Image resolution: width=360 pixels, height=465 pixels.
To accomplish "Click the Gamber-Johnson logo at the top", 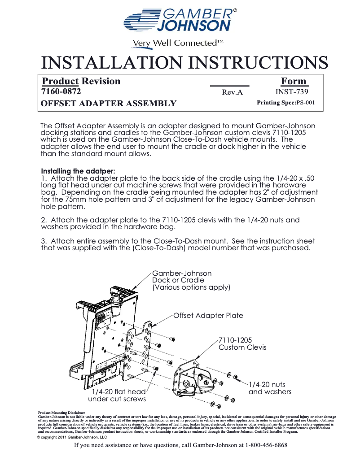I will [180, 20].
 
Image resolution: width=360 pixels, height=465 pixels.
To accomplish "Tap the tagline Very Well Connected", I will [177, 43].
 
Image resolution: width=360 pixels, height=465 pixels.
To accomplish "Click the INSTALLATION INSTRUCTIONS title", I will [184, 62].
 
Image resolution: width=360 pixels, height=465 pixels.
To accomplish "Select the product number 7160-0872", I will [61, 92].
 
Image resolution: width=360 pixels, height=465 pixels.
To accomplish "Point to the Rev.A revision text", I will [232, 92].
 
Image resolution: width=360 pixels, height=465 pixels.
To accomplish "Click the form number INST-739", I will [292, 92].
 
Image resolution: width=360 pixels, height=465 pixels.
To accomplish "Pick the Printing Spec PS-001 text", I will [285, 103].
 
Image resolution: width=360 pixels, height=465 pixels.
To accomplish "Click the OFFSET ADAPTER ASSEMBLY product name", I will [109, 104].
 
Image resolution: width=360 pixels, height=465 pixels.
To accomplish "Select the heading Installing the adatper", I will [78, 171].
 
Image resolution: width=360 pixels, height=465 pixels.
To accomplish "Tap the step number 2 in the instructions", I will [44, 220].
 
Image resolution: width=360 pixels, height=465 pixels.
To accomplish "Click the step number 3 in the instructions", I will [44, 241].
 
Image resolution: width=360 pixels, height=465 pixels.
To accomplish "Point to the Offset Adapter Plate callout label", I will [208, 316].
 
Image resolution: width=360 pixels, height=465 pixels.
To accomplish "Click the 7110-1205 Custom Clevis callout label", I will [242, 343].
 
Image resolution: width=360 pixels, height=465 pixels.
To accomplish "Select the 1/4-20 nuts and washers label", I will [270, 388].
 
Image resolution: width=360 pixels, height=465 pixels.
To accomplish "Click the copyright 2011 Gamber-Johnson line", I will [72, 437].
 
